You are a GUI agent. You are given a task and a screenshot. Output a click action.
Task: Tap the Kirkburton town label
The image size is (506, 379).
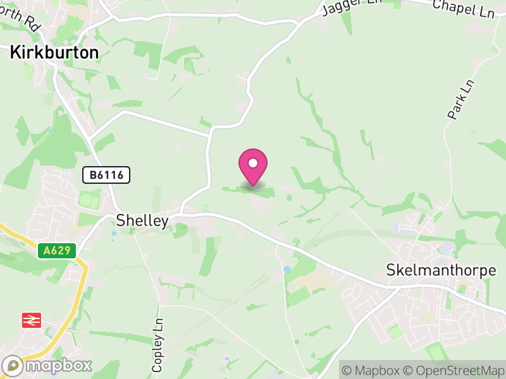54,53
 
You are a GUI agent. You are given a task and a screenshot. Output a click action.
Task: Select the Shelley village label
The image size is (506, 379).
142,220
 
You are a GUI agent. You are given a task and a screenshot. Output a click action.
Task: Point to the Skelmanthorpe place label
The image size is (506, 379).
441,270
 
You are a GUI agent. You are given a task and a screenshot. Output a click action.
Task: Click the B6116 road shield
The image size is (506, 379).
106,175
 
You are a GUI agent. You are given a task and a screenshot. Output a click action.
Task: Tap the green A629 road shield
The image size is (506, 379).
56,251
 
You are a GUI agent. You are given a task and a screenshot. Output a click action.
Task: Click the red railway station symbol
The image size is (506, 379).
30,320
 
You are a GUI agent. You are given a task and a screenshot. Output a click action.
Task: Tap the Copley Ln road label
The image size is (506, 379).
157,344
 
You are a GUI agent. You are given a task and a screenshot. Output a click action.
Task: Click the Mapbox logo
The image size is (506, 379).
47,365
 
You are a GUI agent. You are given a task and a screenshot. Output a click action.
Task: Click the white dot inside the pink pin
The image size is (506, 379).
253,163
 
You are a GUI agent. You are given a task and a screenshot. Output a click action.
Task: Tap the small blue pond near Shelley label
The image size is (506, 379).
114,234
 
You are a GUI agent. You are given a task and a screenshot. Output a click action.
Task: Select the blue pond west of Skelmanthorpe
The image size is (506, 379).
287,270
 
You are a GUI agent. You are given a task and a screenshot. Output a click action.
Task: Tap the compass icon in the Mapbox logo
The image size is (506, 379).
13,365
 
